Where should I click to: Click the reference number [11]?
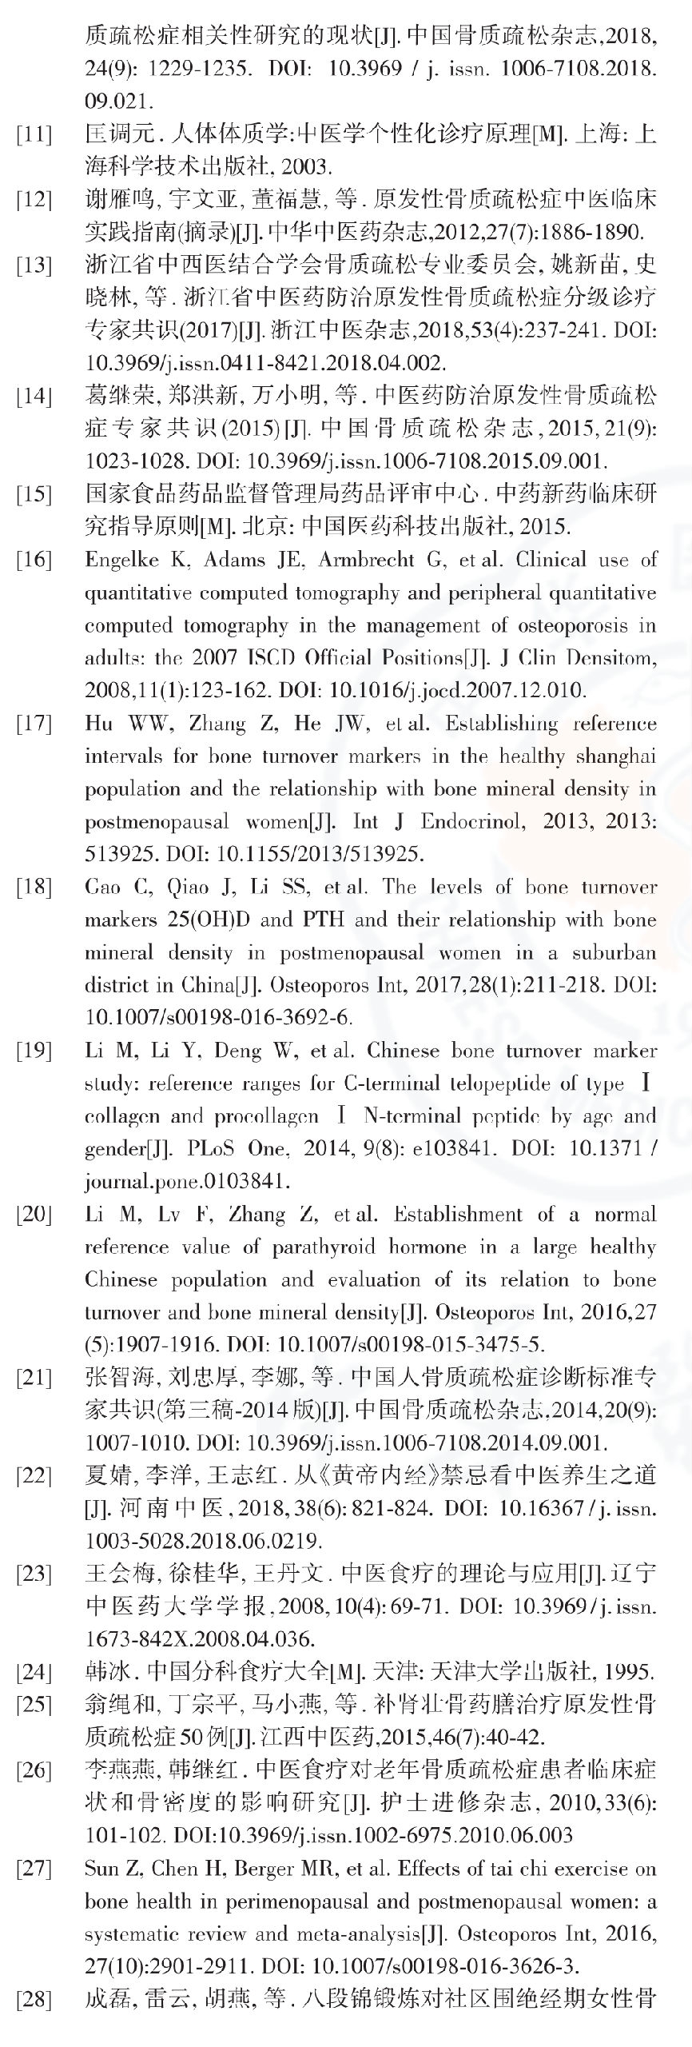click(34, 134)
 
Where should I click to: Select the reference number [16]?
click(34, 560)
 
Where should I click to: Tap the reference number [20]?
click(34, 1215)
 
